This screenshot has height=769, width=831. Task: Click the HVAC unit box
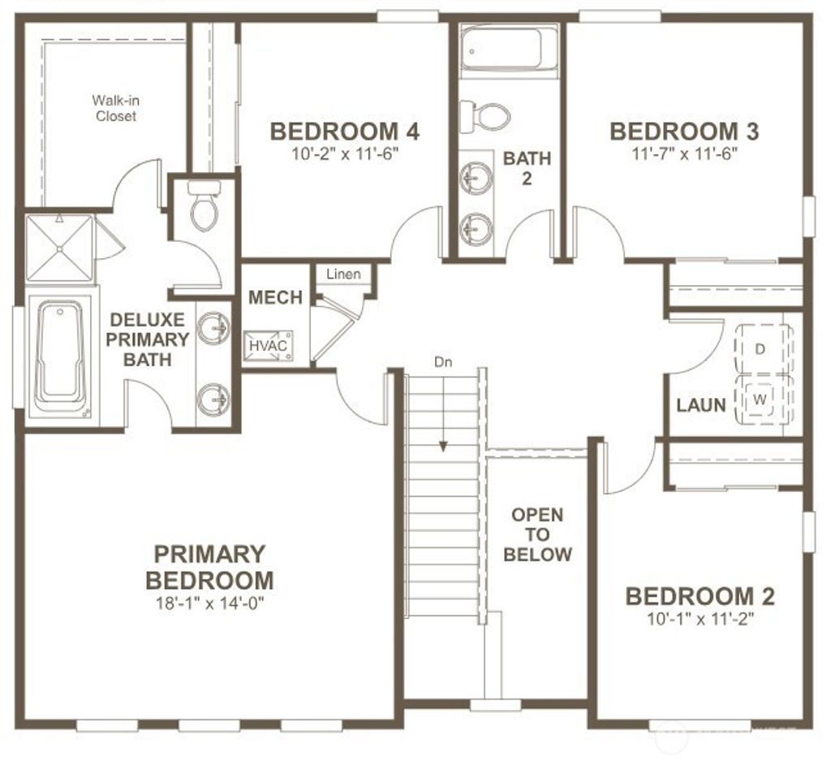click(269, 345)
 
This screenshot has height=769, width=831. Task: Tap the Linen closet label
click(343, 274)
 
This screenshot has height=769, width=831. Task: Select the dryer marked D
click(761, 348)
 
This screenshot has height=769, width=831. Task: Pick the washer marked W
click(760, 398)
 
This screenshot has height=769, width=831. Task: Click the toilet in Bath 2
click(484, 116)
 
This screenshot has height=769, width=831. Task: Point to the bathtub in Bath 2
click(508, 50)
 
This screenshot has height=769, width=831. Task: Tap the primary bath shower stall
click(59, 247)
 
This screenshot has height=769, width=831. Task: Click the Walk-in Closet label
click(114, 108)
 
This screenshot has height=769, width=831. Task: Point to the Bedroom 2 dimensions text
click(700, 618)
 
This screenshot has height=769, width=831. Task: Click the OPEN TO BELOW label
click(537, 534)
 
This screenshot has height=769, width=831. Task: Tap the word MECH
click(275, 298)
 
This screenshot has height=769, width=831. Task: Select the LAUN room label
click(700, 404)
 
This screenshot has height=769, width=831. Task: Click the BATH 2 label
click(527, 167)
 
